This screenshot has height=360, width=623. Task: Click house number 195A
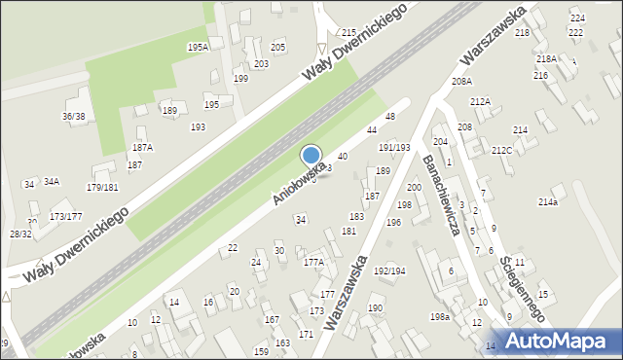(x=198, y=47)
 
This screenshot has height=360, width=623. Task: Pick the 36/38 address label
(x=73, y=117)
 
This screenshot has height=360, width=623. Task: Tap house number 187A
(x=142, y=148)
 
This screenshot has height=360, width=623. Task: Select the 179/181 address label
(x=102, y=188)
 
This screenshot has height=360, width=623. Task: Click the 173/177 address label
(x=66, y=216)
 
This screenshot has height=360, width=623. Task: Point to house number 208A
(x=462, y=82)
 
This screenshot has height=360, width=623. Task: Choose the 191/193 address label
(x=394, y=148)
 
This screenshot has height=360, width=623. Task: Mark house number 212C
(x=502, y=151)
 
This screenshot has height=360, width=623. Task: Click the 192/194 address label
(x=389, y=271)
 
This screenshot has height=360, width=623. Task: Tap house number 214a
(x=548, y=202)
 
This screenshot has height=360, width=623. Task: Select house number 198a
(x=441, y=317)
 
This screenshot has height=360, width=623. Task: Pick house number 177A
(x=313, y=263)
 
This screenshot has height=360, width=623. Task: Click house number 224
(x=577, y=18)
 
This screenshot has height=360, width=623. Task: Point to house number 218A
(x=546, y=59)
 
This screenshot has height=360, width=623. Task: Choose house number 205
(x=277, y=48)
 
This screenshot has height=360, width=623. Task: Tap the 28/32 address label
(x=20, y=234)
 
